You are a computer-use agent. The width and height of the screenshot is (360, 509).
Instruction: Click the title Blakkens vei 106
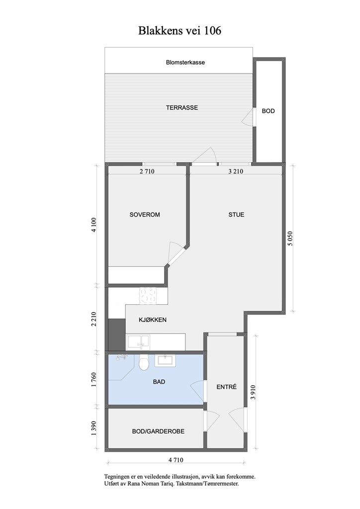[x=180, y=31]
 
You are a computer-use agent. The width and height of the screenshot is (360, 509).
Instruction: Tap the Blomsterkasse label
[x=185, y=63]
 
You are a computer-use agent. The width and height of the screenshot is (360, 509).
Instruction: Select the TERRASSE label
[x=182, y=107]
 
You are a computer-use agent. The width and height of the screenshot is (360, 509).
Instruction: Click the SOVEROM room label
[x=145, y=215]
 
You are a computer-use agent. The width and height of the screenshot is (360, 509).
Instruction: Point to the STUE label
[x=236, y=215]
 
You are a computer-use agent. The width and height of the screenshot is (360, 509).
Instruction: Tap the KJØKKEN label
[x=153, y=320]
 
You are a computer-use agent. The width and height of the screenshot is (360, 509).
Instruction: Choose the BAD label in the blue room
[x=159, y=382]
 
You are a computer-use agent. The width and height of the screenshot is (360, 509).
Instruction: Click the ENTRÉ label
[x=226, y=387]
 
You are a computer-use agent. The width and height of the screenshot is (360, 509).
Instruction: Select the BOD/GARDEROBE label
[x=158, y=431]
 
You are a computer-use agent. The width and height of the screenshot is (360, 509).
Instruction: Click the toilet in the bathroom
[x=144, y=363]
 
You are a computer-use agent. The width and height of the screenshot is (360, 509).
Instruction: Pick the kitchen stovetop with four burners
[x=148, y=296]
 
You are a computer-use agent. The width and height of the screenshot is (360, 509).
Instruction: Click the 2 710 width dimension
[x=147, y=171]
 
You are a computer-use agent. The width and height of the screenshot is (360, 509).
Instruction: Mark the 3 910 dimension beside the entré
[x=255, y=392]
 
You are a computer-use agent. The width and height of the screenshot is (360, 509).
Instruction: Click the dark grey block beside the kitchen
[x=116, y=334]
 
